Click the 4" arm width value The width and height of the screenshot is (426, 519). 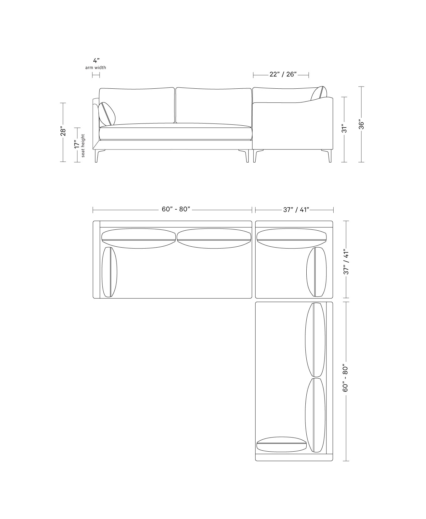coord(96,60)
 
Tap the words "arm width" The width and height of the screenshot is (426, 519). coord(96,67)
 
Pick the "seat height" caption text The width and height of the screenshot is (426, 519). coord(83,145)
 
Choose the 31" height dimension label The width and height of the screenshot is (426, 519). coord(344,129)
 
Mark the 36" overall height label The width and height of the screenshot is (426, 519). coord(361,124)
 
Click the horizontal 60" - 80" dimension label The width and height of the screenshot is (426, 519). coord(176,209)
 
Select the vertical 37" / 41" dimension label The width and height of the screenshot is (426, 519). coord(346,262)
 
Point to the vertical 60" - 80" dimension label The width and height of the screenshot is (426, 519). coord(345,378)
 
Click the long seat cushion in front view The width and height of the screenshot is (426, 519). coord(175,132)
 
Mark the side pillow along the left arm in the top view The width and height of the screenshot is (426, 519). coord(110,272)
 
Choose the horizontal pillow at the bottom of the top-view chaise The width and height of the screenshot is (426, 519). coord(281,444)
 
